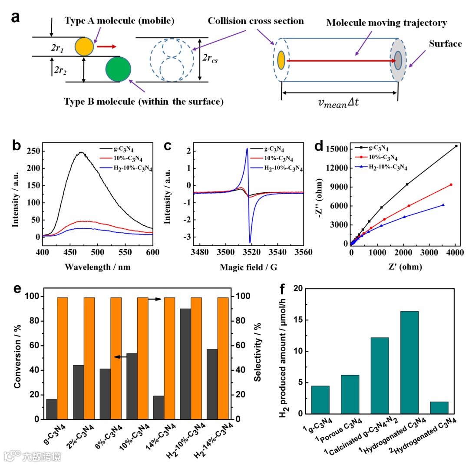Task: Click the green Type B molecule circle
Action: click(x=118, y=69)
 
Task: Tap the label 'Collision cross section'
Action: click(x=256, y=21)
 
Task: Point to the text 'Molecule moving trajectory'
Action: click(x=386, y=23)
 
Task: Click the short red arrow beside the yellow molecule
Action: click(x=106, y=46)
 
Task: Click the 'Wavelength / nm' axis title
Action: click(x=98, y=267)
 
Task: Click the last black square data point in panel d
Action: click(x=456, y=146)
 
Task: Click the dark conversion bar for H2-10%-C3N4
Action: click(x=185, y=364)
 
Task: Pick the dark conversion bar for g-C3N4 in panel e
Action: click(x=51, y=409)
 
